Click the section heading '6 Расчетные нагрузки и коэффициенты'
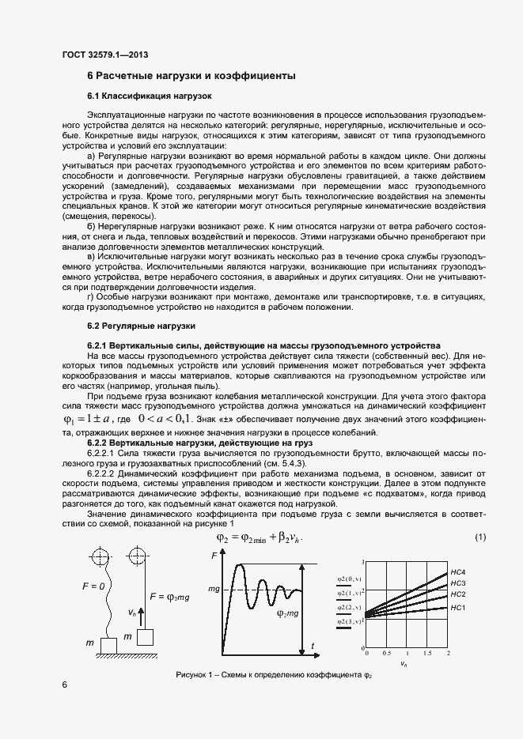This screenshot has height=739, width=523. (191, 76)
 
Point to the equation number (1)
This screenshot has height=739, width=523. (479, 538)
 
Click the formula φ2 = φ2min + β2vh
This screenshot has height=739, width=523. (260, 538)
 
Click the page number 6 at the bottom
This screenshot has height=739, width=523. (63, 684)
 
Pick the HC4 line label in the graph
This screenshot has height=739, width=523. (457, 571)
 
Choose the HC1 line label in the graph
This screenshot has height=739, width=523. (457, 607)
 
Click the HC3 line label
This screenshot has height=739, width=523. (457, 583)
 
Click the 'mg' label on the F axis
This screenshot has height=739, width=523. (214, 589)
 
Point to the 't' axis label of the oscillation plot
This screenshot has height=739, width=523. (313, 647)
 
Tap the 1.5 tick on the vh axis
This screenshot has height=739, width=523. (427, 654)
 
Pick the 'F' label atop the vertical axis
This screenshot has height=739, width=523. (214, 558)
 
